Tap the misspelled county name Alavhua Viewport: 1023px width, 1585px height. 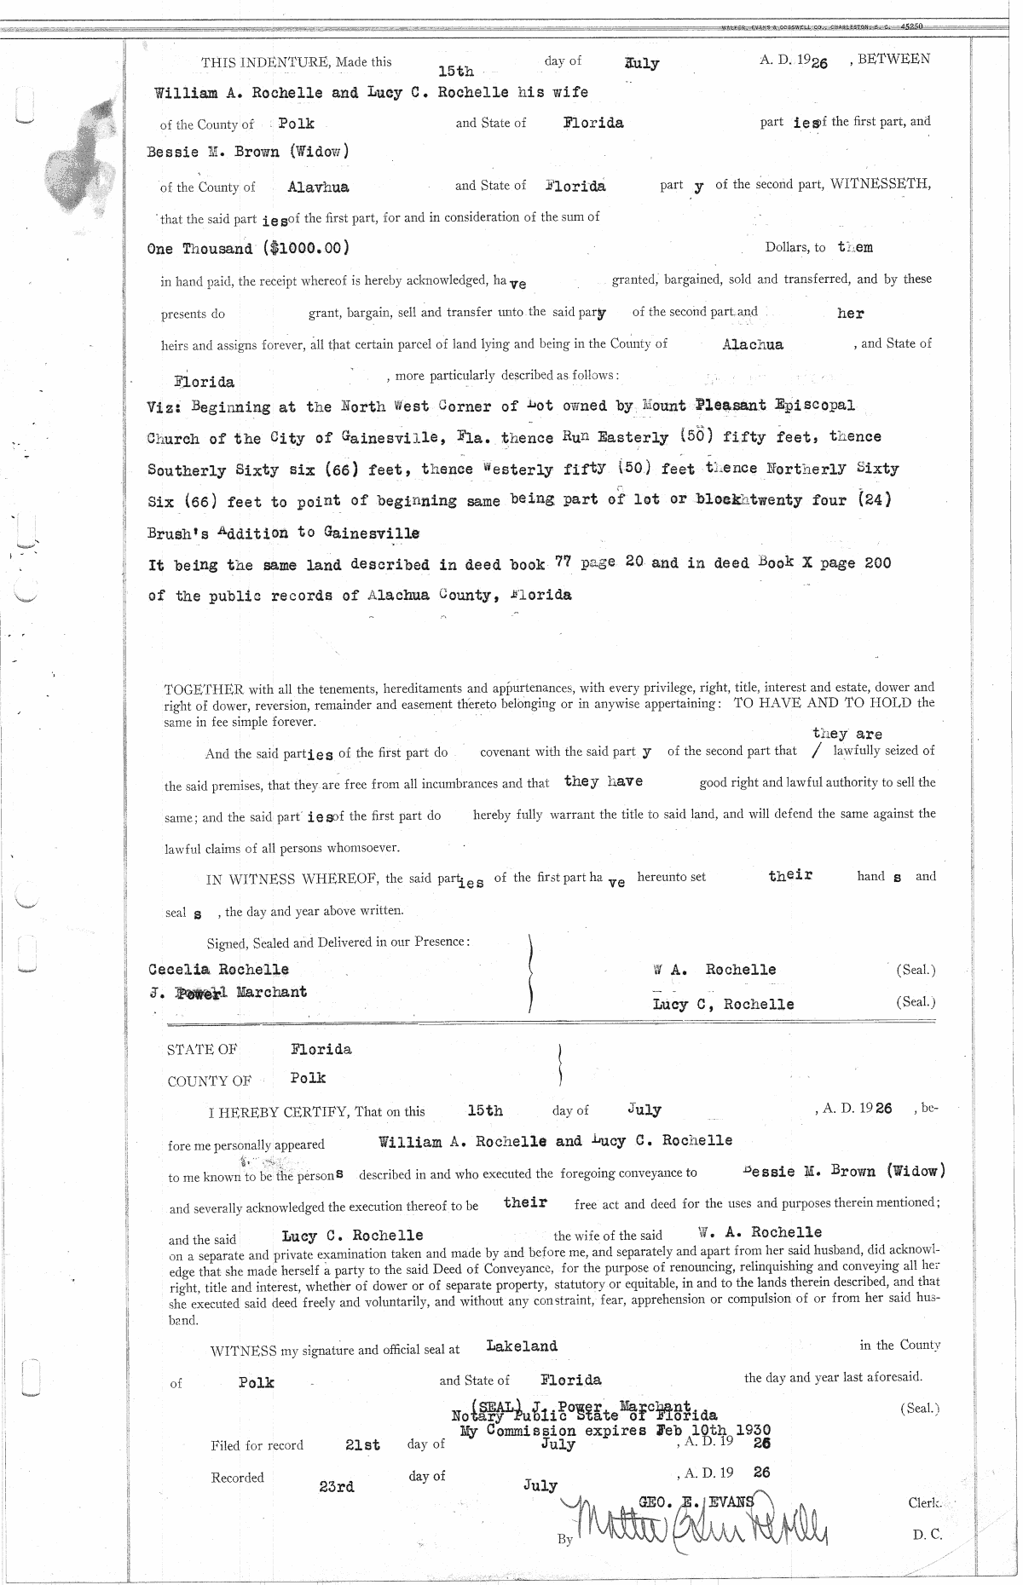[x=318, y=187]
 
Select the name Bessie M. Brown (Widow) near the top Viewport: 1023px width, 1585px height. [x=248, y=153]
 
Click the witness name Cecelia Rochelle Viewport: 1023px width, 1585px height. [x=218, y=969]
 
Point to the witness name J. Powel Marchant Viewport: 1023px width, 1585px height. [x=228, y=992]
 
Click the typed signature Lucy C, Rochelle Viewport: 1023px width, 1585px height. [x=723, y=1004]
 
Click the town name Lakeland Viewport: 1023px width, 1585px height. [x=522, y=1346]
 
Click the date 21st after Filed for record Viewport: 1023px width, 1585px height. [x=362, y=1445]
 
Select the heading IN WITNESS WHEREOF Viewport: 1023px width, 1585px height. [x=294, y=879]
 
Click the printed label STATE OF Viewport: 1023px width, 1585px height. [x=202, y=1050]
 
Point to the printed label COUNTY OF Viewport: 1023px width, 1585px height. [x=209, y=1081]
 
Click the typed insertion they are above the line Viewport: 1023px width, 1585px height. [x=847, y=734]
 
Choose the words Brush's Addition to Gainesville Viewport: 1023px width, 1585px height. [x=284, y=533]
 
